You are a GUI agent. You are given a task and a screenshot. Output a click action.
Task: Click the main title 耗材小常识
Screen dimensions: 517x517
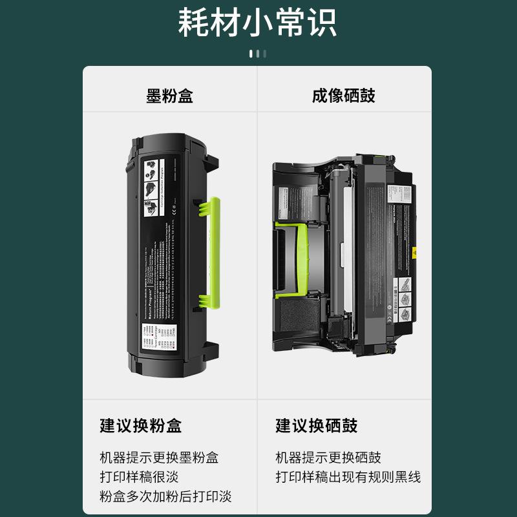tap(258, 23)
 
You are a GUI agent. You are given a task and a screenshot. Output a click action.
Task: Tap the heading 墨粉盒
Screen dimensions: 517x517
tap(169, 96)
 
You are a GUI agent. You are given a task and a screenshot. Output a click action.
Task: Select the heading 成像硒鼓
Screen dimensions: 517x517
tap(343, 96)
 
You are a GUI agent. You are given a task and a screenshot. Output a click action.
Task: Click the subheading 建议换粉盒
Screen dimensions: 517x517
tap(140, 426)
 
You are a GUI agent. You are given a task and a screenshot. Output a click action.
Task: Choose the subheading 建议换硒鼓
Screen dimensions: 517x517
tap(316, 426)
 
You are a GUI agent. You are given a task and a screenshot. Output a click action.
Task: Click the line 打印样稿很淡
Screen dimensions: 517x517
tap(139, 477)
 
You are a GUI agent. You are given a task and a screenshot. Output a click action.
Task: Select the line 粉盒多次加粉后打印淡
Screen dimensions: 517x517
tap(165, 496)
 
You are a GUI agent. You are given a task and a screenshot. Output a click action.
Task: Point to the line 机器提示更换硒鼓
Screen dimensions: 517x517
tap(328, 458)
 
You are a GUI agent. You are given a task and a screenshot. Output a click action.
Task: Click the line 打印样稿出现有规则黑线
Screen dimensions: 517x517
tap(348, 477)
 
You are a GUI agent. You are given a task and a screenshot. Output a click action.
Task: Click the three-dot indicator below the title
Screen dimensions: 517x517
tap(258, 54)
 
